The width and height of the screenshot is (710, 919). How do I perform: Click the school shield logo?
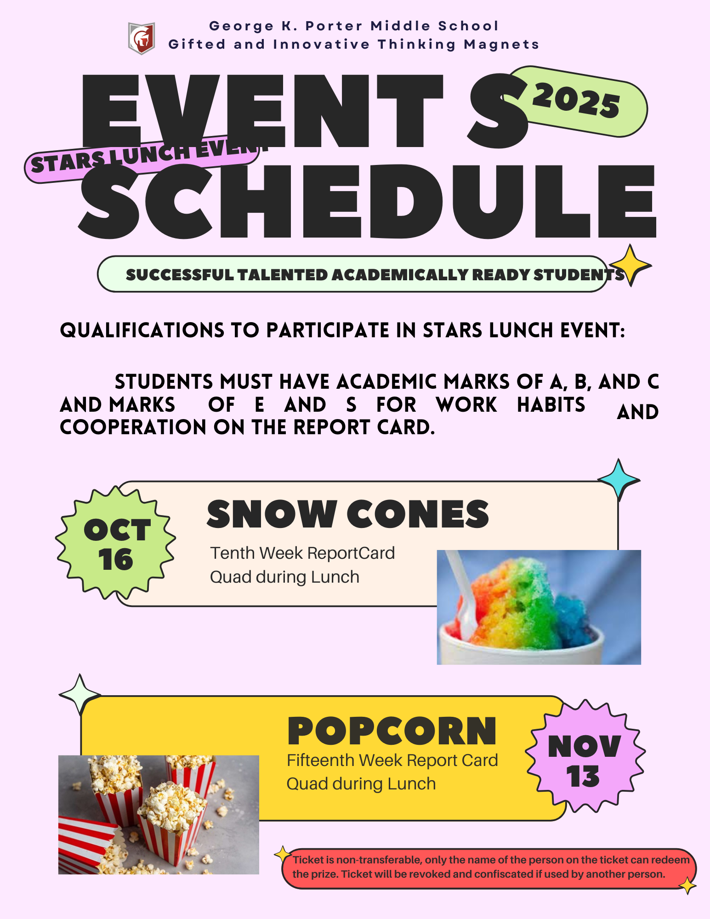pos(141,38)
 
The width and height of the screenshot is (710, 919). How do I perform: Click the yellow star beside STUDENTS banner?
pos(630,265)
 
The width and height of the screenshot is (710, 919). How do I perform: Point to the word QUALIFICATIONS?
pos(142,330)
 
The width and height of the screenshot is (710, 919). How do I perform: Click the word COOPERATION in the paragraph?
pos(133,427)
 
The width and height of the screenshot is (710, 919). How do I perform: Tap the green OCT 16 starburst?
pos(116,543)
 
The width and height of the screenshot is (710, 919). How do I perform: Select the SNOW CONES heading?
pos(348,514)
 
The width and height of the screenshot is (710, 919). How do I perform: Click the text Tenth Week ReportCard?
pos(302,553)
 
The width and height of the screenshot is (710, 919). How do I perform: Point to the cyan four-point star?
pos(619,480)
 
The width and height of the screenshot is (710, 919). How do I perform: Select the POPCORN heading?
pos(392,731)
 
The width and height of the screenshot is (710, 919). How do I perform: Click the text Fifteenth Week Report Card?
pos(392,760)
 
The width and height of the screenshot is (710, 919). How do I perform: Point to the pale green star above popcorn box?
pos(80,695)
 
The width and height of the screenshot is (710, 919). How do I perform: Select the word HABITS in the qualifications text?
pos(551,405)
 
